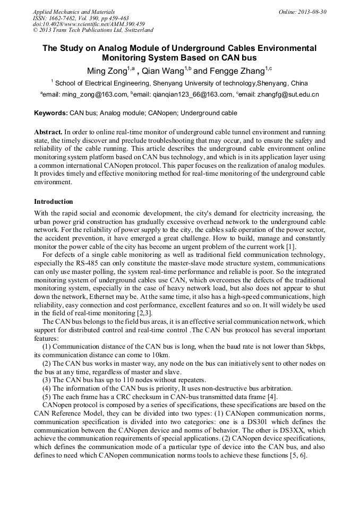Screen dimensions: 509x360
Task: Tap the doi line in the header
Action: coord(88,24)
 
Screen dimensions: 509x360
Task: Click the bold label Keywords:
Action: coord(51,113)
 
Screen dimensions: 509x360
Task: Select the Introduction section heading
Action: coord(54,202)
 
